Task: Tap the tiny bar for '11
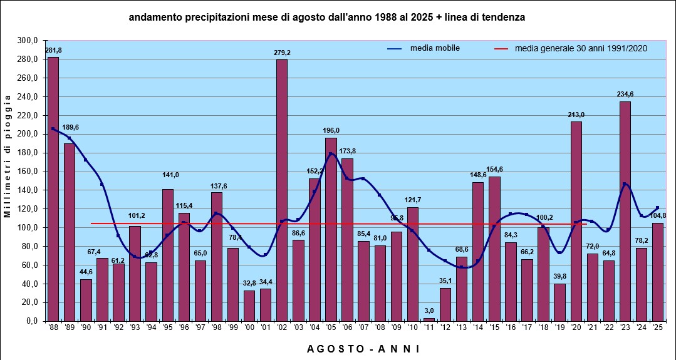[x=429, y=319]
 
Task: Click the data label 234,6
[x=625, y=95]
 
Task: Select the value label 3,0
[x=429, y=311]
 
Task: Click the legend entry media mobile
[x=435, y=48]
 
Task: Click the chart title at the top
[x=326, y=18]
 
